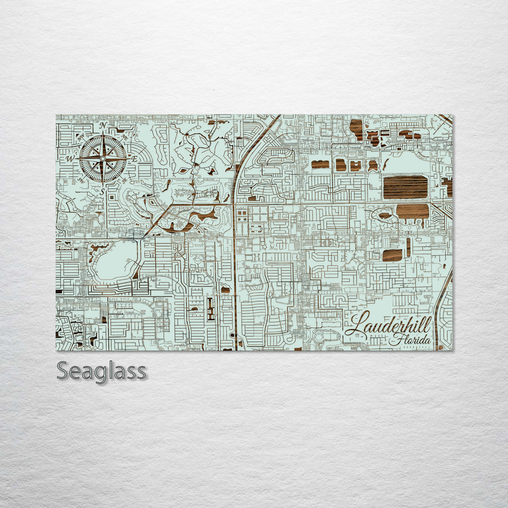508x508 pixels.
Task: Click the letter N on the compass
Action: click(103, 125)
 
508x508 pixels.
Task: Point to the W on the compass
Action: click(70, 159)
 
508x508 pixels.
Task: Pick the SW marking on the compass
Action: click(81, 180)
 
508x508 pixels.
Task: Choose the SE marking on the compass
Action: click(124, 180)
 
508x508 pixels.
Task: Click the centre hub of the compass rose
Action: click(103, 159)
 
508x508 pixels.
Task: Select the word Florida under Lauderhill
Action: click(413, 339)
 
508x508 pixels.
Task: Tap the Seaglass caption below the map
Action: click(101, 371)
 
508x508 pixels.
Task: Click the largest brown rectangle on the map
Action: click(405, 187)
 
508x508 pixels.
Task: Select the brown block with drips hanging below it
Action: click(413, 211)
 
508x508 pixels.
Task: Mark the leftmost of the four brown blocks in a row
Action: click(320, 165)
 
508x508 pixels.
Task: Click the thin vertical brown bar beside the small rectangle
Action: click(408, 247)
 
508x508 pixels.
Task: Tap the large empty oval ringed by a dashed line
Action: click(115, 262)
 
